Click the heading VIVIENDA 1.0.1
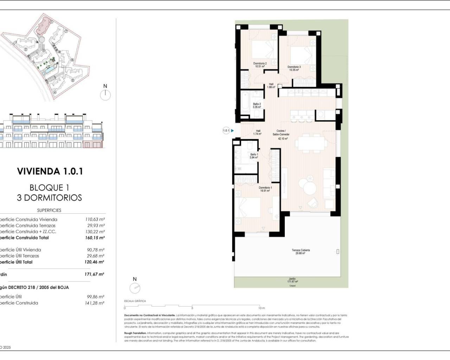(x=50, y=171)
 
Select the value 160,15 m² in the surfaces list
(x=95, y=238)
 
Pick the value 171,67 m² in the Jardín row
(x=94, y=274)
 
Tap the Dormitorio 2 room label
(x=260, y=65)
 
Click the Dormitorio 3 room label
(x=294, y=68)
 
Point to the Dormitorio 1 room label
(x=265, y=189)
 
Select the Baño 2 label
(x=257, y=105)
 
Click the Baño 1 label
(x=254, y=156)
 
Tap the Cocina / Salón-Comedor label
(x=281, y=135)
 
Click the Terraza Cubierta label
(x=301, y=252)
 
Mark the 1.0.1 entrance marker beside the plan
(x=226, y=131)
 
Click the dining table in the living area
(x=311, y=143)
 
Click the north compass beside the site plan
(x=105, y=95)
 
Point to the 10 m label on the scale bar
(x=262, y=308)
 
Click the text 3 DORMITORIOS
(x=50, y=198)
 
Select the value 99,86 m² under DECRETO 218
(x=95, y=297)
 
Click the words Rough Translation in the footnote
(x=135, y=333)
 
